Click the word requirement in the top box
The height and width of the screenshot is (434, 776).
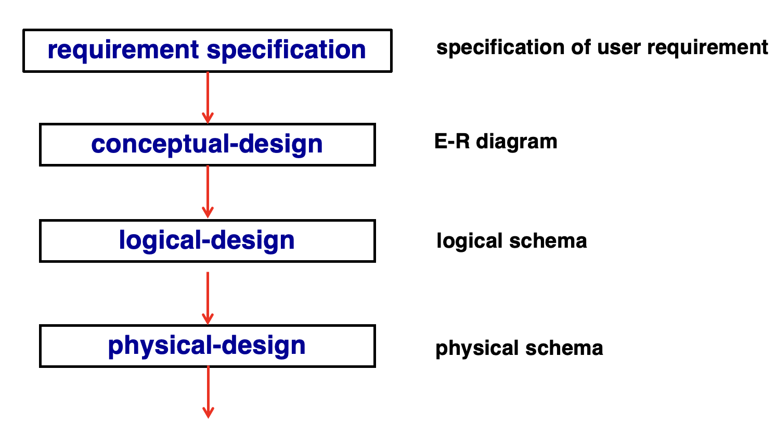tap(123, 50)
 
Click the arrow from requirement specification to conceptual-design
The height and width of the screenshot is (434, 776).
tap(208, 97)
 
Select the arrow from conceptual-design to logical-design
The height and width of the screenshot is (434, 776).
tap(208, 192)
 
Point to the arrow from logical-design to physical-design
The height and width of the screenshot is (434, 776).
tap(208, 298)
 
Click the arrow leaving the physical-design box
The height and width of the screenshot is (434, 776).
tap(208, 392)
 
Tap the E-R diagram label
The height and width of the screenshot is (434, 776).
tap(496, 142)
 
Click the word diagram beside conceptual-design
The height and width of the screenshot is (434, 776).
tap(516, 142)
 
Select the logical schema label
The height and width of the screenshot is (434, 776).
tap(512, 240)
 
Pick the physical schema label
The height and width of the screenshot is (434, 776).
tap(519, 348)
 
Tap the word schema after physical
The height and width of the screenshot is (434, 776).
tap(564, 348)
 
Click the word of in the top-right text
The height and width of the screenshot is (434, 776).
tap(581, 47)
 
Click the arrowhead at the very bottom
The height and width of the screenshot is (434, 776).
tap(208, 413)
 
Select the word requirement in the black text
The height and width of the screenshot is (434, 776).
tap(707, 48)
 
